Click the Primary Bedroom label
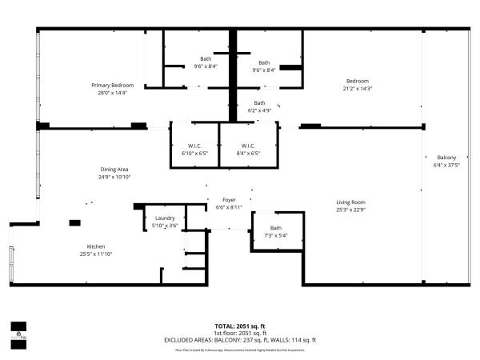click(111, 85)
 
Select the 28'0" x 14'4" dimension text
click(111, 93)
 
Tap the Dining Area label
click(114, 169)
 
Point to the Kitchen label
click(96, 246)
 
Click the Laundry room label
click(164, 218)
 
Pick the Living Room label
click(350, 202)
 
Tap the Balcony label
click(446, 158)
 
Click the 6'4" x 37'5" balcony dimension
click(446, 166)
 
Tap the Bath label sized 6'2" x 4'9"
click(259, 102)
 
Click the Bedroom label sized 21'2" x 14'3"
click(357, 81)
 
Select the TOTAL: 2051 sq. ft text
click(240, 326)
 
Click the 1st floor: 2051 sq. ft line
click(240, 333)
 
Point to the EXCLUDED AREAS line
click(240, 339)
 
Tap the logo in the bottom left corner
click(17, 330)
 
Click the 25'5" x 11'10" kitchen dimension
click(96, 254)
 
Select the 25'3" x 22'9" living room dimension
click(350, 210)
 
